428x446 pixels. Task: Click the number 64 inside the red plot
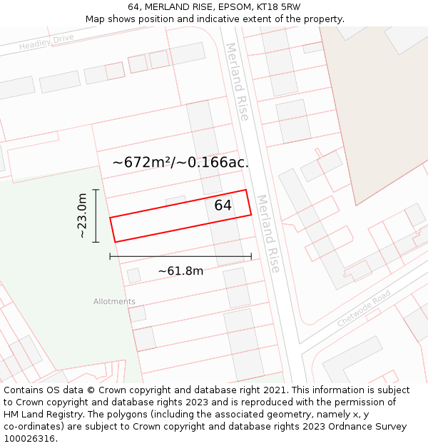tap(223, 206)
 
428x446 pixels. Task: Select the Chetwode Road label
tap(364, 308)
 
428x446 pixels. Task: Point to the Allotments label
tap(114, 302)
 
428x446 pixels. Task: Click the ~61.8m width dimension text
tap(180, 271)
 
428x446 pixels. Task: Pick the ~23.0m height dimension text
tap(83, 216)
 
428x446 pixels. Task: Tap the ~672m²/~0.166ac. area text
tap(180, 163)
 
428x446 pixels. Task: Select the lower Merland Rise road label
tap(268, 233)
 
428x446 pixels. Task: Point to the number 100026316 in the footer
tap(29, 439)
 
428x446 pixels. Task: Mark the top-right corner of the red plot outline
tap(246, 190)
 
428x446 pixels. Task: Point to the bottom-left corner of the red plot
tap(115, 242)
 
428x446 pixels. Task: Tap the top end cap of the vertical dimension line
tap(95, 190)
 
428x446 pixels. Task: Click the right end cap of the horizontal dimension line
tap(251, 256)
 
